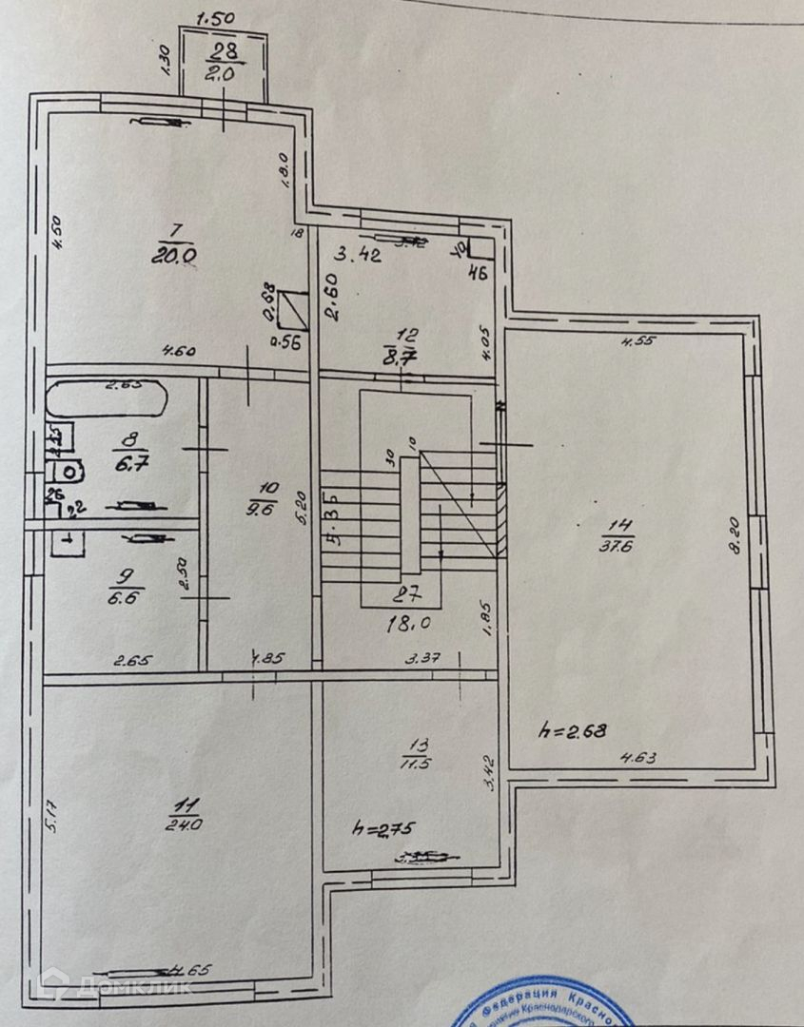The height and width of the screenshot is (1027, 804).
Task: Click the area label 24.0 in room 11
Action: pyautogui.click(x=183, y=824)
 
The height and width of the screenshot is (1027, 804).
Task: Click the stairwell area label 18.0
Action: pyautogui.click(x=404, y=622)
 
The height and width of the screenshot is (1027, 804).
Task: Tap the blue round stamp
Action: pyautogui.click(x=542, y=1008)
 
